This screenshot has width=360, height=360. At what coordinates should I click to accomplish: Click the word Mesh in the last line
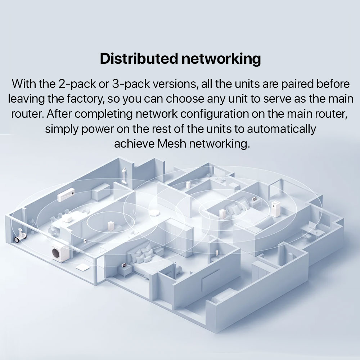tap(171, 143)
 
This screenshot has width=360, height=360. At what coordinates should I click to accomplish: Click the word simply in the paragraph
tap(62, 129)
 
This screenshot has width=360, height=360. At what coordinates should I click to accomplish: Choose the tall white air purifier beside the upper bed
tap(276, 209)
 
